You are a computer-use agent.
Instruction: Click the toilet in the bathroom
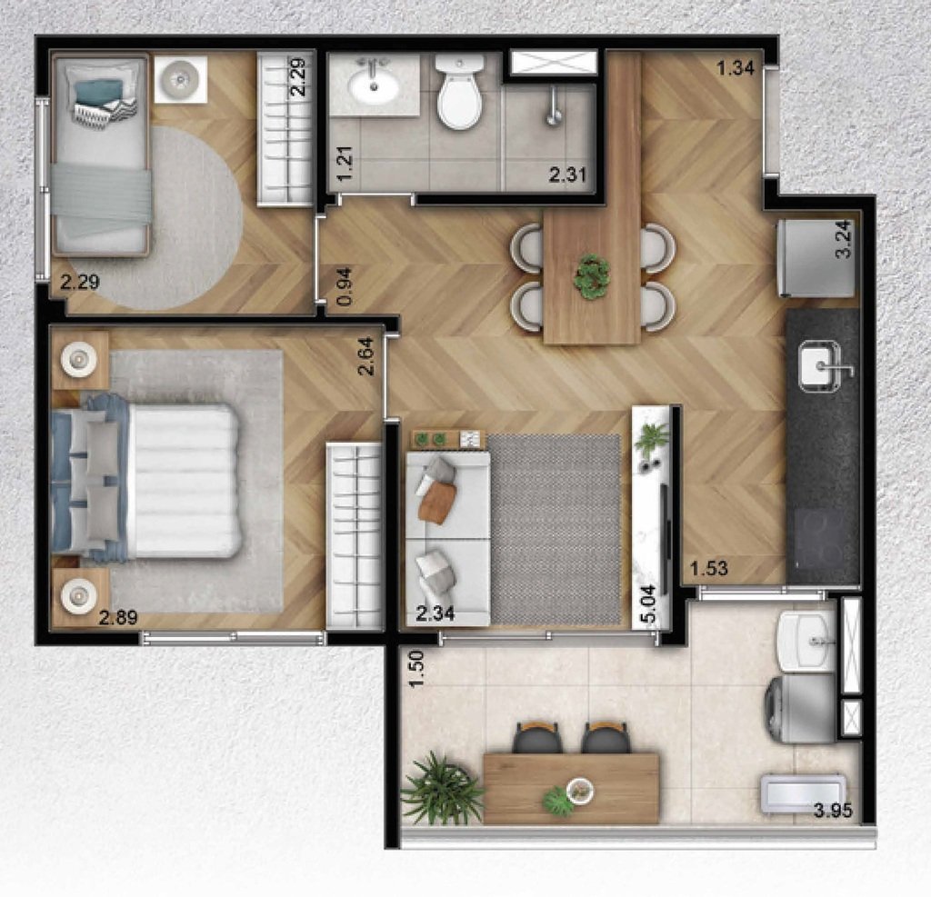click(459, 94)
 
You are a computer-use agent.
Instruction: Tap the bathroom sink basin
click(372, 87)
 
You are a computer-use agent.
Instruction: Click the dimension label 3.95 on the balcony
click(832, 812)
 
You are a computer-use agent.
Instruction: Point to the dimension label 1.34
click(736, 68)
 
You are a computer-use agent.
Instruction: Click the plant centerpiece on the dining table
click(592, 275)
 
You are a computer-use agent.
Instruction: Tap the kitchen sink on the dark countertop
click(818, 368)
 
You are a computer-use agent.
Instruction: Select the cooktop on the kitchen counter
click(822, 540)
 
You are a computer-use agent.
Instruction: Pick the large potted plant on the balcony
click(443, 789)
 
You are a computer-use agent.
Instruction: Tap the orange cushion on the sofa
click(438, 501)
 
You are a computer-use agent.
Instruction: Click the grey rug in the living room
click(555, 528)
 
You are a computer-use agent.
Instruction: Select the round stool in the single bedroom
click(180, 79)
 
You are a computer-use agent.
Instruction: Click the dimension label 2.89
click(118, 619)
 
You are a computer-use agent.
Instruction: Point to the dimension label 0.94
click(343, 288)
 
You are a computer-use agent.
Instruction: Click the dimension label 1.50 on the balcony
click(416, 669)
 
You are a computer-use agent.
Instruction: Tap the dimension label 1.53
click(709, 570)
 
